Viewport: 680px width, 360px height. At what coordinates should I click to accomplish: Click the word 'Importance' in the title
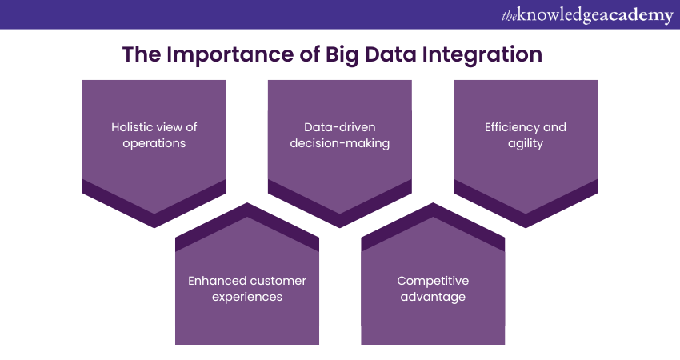[x=230, y=55]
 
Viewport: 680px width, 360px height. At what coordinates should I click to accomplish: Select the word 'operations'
[x=154, y=143]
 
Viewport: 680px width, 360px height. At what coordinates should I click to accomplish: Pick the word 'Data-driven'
[x=339, y=127]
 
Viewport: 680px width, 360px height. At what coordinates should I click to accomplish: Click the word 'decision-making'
[x=339, y=143]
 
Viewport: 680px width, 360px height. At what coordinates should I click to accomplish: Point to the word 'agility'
[x=525, y=143]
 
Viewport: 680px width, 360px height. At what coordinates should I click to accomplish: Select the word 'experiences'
[x=247, y=297]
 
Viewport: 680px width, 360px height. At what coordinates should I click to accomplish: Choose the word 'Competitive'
[x=433, y=281]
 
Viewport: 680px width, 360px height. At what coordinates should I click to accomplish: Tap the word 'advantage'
[x=433, y=297]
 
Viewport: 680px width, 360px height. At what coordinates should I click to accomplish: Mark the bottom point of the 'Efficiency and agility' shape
[x=526, y=227]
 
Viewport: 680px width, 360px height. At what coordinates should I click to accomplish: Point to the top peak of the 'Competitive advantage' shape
[x=433, y=202]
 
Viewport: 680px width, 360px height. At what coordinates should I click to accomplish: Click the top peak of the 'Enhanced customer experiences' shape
[x=247, y=202]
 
